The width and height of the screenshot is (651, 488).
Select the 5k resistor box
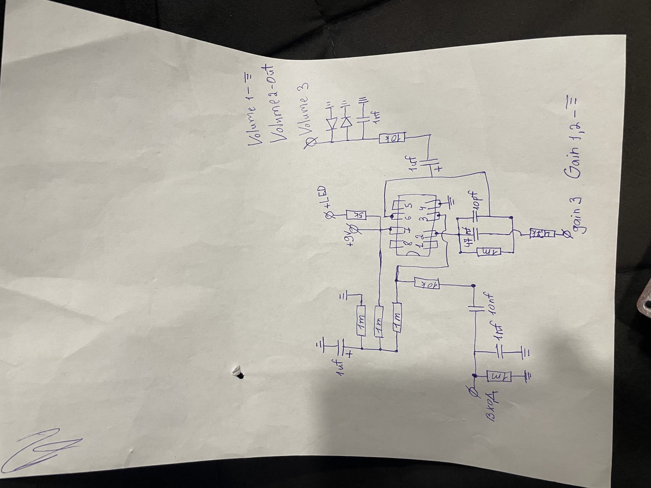click(356, 215)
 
